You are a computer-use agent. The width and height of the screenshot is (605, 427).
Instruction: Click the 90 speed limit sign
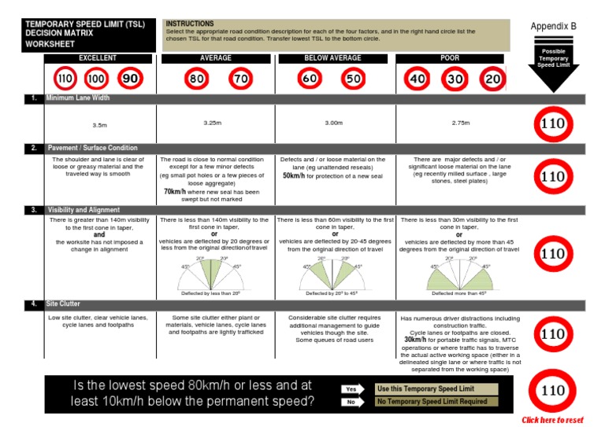pos(130,79)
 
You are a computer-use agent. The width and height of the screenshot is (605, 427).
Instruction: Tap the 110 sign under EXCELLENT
pos(65,79)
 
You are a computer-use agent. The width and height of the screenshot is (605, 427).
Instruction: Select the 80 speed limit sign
pos(196,79)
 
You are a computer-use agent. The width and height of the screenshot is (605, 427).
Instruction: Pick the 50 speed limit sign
pos(354,79)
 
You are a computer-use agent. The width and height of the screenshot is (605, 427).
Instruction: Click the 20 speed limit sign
pos(492,79)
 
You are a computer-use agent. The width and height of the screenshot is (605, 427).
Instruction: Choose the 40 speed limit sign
pos(418,79)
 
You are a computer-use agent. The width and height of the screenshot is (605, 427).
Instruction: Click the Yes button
pos(351,388)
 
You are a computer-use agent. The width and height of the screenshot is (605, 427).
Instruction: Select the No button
pos(351,402)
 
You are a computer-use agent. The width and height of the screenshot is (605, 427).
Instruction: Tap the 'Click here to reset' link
pos(552,420)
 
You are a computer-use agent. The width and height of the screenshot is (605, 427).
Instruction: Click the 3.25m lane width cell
pos(213,123)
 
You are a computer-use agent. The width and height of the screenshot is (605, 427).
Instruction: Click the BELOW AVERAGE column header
pos(332,58)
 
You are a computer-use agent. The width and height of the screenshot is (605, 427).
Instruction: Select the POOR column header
pos(450,58)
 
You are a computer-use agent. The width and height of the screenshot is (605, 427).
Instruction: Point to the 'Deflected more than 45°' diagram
pos(459,275)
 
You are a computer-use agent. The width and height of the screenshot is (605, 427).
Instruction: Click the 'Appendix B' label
pos(553,26)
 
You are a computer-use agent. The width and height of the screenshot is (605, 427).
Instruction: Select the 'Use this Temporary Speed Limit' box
pos(437,388)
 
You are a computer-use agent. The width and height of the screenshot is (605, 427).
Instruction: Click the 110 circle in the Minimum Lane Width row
pos(554,123)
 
